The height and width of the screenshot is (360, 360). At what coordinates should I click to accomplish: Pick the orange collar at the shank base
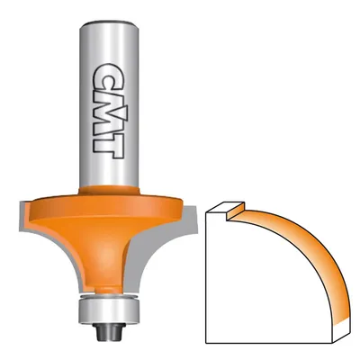[109, 190]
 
